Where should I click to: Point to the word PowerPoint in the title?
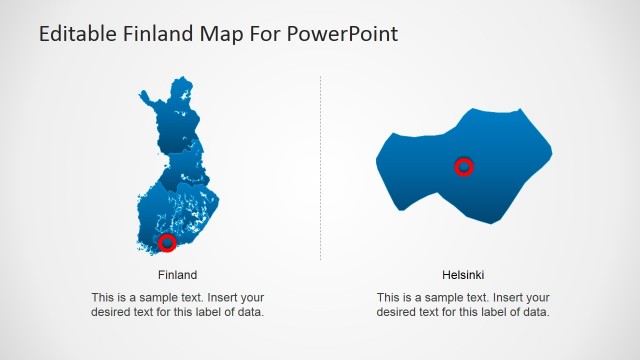(x=345, y=34)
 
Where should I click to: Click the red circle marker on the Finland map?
(x=168, y=242)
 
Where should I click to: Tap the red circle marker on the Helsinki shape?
(x=463, y=166)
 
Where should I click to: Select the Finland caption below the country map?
(x=177, y=275)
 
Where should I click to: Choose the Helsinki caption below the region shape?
(x=463, y=275)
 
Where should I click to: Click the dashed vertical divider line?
(x=320, y=170)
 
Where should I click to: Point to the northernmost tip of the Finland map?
(x=181, y=78)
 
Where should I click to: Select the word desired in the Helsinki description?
(x=397, y=312)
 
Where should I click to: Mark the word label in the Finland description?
(x=208, y=312)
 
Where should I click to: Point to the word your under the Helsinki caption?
(x=537, y=298)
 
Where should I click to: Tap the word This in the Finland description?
(x=103, y=298)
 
